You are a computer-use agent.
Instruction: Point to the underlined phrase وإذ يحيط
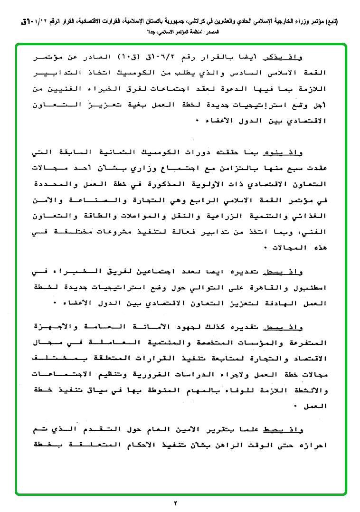pos(313,431)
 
